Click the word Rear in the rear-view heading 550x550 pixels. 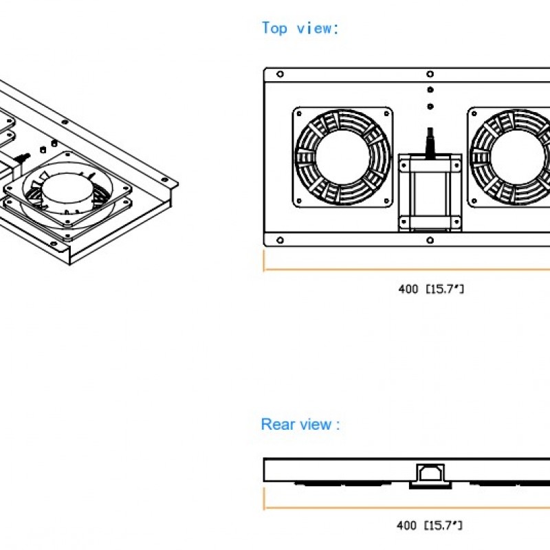pos(277,424)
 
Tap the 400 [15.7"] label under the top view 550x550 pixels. pos(431,289)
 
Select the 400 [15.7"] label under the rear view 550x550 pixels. pos(430,526)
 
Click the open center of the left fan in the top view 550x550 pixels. pos(342,157)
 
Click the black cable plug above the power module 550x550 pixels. pos(430,142)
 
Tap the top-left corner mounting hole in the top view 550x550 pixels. pos(280,74)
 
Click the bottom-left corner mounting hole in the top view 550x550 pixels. pos(280,240)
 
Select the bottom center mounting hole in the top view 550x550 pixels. pos(430,240)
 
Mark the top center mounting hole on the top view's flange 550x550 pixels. pos(430,74)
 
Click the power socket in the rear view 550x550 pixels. pos(430,474)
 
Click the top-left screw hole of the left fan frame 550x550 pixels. pos(300,113)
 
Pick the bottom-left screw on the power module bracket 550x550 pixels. pos(404,221)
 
